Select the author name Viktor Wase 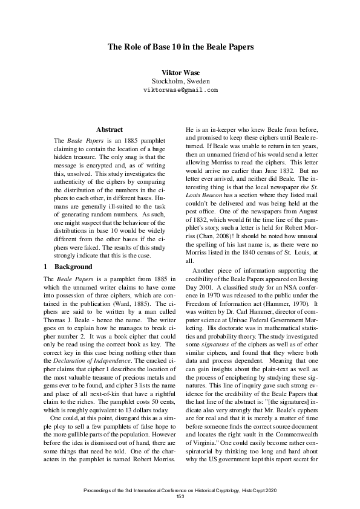pyautogui.click(x=180, y=73)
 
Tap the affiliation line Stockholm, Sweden pyautogui.click(x=180, y=81)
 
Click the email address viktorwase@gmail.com pyautogui.click(x=180, y=89)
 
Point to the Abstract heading pyautogui.click(x=110, y=129)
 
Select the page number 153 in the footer pyautogui.click(x=180, y=496)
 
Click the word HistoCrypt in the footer pyautogui.click(x=260, y=489)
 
